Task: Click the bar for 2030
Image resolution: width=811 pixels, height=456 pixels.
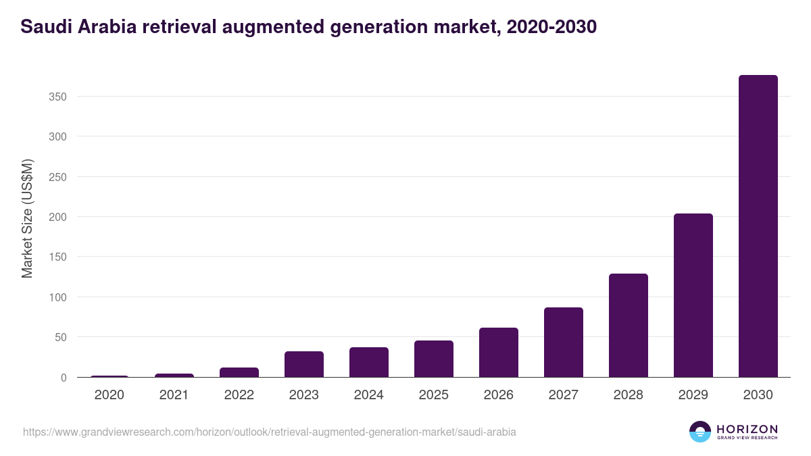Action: click(x=758, y=226)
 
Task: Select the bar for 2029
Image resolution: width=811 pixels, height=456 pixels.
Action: click(x=693, y=295)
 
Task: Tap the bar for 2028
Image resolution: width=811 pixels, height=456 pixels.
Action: click(x=628, y=326)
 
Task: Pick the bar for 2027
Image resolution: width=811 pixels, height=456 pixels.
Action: click(x=563, y=343)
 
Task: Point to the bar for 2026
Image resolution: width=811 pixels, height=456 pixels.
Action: click(x=498, y=353)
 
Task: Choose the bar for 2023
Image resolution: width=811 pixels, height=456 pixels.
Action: click(x=303, y=364)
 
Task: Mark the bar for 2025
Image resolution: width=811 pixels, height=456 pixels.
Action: click(x=433, y=359)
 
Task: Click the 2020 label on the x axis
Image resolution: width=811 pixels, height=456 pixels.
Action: click(x=109, y=395)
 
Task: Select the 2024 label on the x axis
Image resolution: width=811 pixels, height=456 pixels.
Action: click(x=368, y=395)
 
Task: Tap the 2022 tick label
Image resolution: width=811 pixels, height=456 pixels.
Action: click(x=239, y=395)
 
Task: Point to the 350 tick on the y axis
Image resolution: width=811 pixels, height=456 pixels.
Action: click(x=57, y=97)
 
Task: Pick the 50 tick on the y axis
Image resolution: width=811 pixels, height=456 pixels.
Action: click(x=60, y=337)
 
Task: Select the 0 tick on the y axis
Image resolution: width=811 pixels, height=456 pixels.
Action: click(x=63, y=378)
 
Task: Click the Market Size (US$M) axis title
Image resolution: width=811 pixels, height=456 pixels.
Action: click(x=27, y=218)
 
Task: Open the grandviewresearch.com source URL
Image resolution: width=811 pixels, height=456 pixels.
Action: click(x=270, y=432)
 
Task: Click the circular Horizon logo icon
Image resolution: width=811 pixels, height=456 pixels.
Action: click(x=700, y=432)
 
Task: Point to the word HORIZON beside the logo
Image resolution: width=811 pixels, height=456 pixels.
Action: click(x=747, y=429)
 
